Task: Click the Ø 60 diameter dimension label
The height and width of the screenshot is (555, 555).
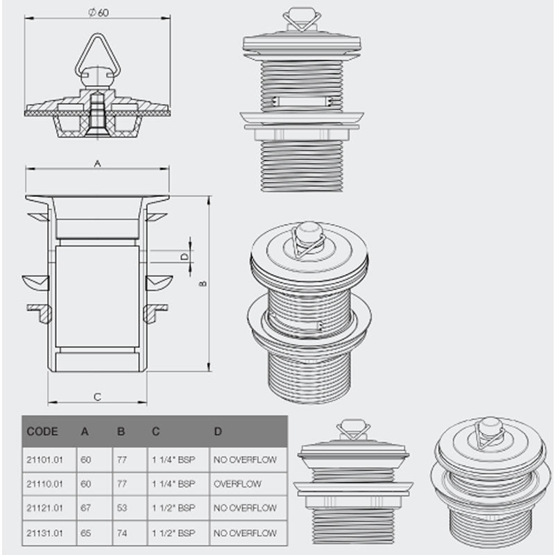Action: coord(99,12)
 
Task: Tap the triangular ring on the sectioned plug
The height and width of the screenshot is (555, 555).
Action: coord(98,57)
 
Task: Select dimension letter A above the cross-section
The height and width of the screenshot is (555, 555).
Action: coord(97,164)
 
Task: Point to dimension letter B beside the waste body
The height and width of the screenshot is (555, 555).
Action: coord(203,284)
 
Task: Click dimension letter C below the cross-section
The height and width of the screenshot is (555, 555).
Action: coord(97,397)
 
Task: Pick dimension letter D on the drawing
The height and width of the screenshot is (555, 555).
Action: coord(185,256)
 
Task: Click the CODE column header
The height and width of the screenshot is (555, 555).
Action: coord(42,432)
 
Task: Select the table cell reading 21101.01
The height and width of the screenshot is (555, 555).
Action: coord(44,460)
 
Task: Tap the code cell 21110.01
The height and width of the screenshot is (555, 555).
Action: coord(44,484)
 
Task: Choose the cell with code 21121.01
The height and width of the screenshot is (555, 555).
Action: coord(44,508)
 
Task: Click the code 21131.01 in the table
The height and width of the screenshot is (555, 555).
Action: coord(44,533)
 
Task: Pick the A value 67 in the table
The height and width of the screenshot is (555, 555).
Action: coord(86,508)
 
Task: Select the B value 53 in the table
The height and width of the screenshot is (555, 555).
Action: coord(122,508)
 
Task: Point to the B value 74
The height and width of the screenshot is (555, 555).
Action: coord(122,533)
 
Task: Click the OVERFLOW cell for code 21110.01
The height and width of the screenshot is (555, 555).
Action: coord(237,484)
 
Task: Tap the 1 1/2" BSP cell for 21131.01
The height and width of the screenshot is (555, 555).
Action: coord(173,533)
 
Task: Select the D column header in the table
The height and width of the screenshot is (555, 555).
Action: coord(218,432)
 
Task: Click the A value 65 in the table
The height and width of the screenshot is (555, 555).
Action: coord(86,533)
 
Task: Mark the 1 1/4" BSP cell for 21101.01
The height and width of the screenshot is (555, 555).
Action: coord(173,460)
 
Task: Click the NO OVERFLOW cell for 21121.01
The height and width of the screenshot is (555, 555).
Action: coord(245,508)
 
